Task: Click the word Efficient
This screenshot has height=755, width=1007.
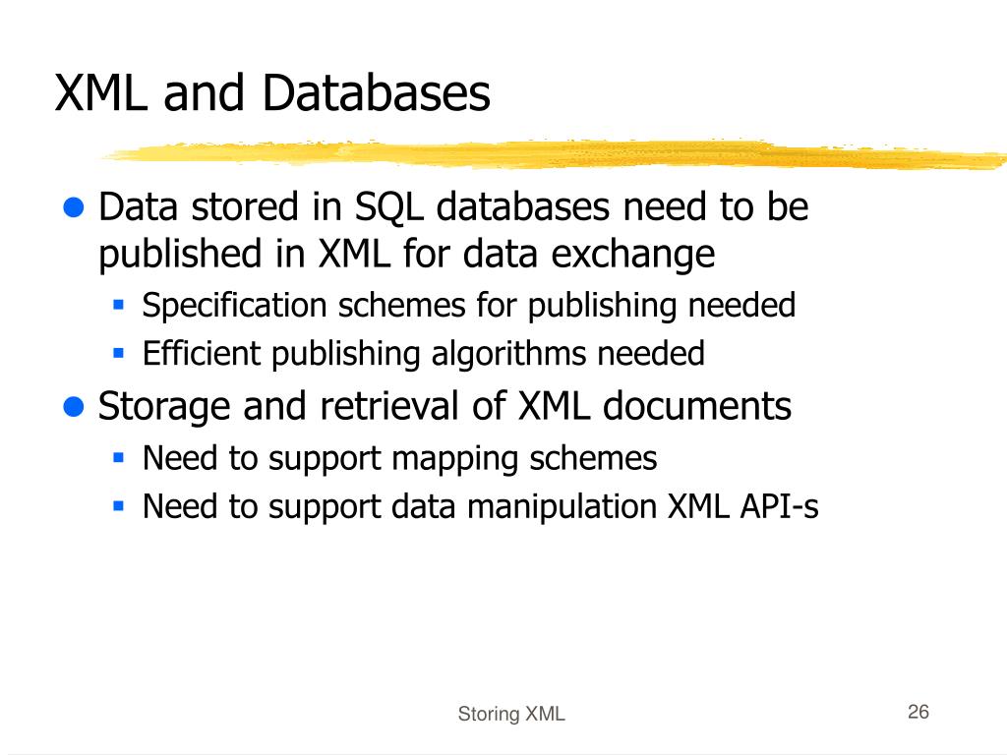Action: (203, 354)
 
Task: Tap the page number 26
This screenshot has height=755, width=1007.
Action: (918, 713)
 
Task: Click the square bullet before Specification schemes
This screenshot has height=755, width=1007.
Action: (118, 305)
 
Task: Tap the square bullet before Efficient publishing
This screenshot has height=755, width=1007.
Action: (118, 352)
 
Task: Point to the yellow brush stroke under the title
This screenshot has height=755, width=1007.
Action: (551, 153)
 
